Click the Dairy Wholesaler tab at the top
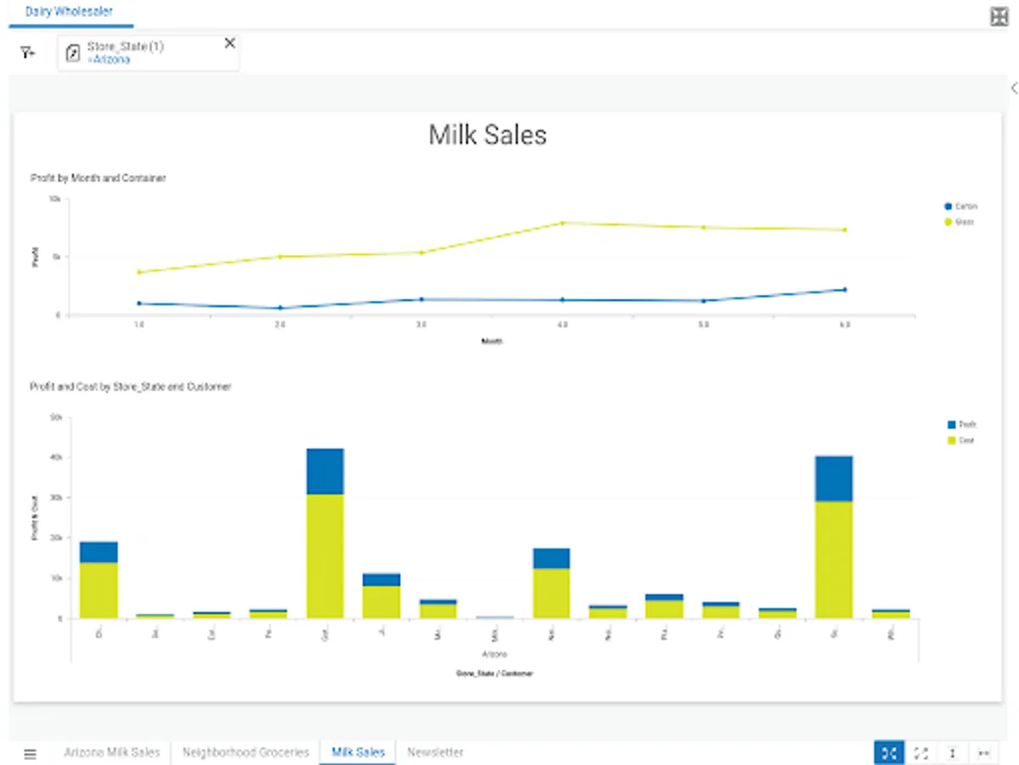click(70, 12)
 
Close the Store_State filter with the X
click(229, 43)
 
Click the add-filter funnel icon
click(28, 53)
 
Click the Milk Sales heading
click(487, 135)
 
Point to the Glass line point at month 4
click(562, 223)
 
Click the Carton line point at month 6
click(844, 290)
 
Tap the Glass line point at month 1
click(139, 272)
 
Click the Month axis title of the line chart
click(493, 341)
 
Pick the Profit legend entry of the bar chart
click(966, 424)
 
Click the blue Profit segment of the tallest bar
click(325, 472)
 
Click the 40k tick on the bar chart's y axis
click(57, 457)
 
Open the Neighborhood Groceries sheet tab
click(245, 752)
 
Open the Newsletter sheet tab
click(435, 752)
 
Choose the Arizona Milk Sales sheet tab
click(112, 752)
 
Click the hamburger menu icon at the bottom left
click(31, 753)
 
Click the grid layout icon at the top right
click(999, 17)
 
